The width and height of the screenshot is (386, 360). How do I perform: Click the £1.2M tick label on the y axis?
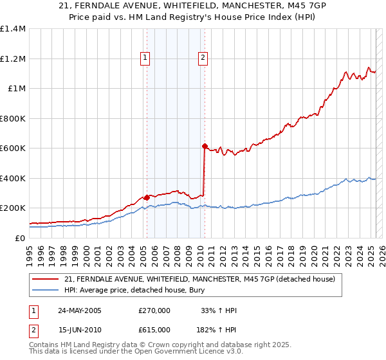[13, 59]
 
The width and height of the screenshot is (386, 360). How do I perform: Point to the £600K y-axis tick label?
[13, 148]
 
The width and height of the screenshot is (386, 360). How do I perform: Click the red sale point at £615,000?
[205, 146]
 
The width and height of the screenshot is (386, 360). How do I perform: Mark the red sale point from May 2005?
[147, 197]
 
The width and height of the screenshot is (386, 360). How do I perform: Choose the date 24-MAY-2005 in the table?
[79, 310]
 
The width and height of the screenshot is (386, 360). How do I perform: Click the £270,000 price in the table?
[154, 310]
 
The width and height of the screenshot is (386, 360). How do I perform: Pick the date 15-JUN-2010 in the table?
[79, 329]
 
